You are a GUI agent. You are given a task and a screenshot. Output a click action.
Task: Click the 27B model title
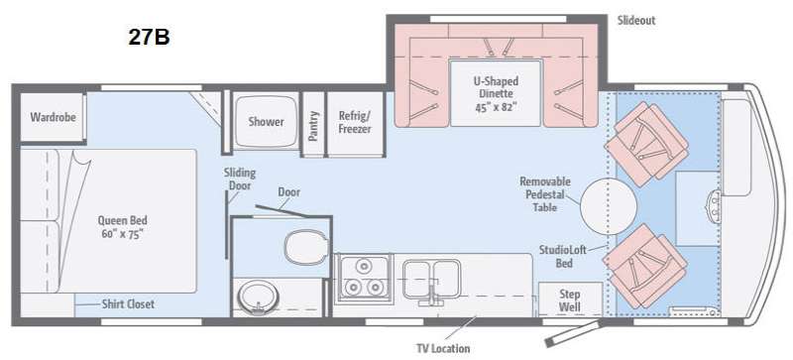149,37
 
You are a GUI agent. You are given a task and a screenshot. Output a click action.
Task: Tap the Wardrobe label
54,117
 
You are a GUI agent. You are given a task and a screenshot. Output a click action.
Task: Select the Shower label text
266,122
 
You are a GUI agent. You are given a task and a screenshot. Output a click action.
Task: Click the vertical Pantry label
313,126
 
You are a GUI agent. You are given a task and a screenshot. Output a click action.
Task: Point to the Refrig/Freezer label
355,122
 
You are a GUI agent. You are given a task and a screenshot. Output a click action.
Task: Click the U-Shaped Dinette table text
496,94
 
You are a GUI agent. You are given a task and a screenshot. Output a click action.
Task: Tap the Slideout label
636,20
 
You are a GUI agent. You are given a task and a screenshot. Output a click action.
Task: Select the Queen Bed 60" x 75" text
122,227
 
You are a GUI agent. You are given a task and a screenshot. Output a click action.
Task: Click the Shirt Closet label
128,303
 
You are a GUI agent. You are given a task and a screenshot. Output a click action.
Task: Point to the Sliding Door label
240,180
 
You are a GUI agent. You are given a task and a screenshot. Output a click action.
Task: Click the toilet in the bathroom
305,248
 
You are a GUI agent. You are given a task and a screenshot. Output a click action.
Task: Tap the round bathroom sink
258,298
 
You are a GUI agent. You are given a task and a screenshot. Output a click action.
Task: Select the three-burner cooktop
363,278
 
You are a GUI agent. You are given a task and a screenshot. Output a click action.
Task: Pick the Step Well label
569,300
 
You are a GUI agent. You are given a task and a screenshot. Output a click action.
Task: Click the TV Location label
443,348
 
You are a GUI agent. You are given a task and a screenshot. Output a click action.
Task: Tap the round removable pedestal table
608,206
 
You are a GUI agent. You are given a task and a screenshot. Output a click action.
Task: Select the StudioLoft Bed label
563,256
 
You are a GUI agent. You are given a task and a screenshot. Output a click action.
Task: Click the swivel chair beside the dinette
646,144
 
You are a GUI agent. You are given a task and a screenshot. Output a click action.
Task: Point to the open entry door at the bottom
573,333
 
